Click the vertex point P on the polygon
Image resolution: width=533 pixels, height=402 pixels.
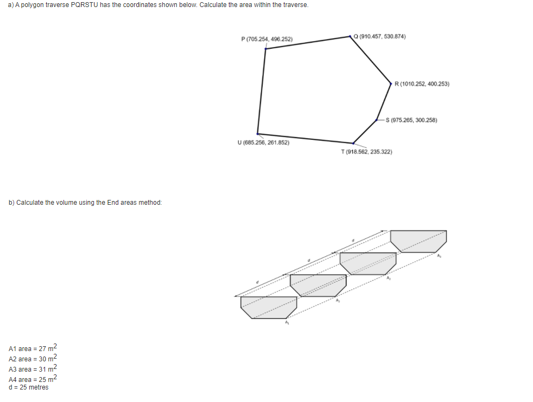pyautogui.click(x=265, y=48)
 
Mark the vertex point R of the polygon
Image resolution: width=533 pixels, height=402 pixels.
pyautogui.click(x=391, y=83)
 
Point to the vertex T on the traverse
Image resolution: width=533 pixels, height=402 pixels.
pyautogui.click(x=353, y=143)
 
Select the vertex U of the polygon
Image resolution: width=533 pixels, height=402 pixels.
pyautogui.click(x=258, y=133)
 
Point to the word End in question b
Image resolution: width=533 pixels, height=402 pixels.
pyautogui.click(x=114, y=203)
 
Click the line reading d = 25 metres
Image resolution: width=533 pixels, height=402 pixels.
pyautogui.click(x=29, y=387)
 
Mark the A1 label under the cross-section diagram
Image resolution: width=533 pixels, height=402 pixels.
pyautogui.click(x=287, y=323)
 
